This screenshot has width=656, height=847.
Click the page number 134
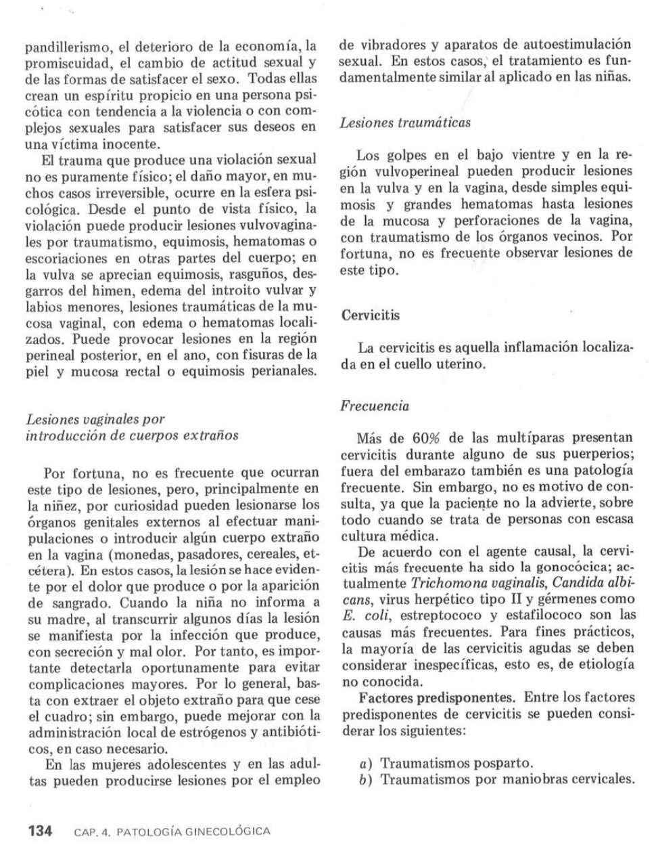(39, 831)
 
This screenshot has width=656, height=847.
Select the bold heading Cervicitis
(370, 315)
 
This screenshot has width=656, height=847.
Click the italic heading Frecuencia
(375, 406)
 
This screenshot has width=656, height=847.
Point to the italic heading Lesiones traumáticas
(405, 123)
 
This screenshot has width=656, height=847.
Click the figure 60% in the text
(428, 438)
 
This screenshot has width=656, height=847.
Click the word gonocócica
(569, 567)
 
